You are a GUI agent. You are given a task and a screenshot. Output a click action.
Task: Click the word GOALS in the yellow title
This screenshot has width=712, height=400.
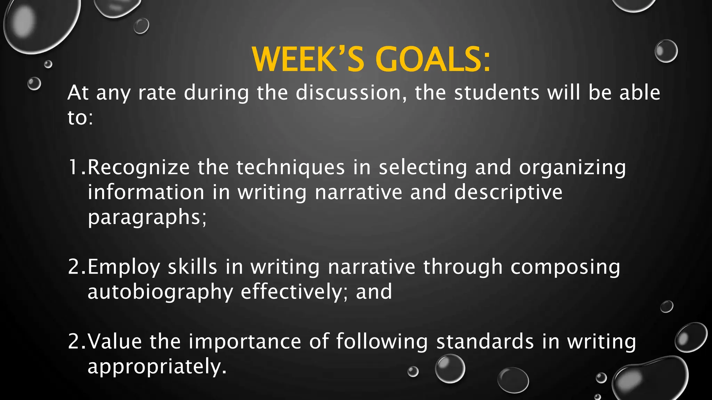coord(433,59)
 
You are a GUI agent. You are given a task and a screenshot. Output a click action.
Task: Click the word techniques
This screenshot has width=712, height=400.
coord(291,167)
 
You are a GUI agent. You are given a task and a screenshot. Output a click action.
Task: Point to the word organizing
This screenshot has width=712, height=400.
coord(572,167)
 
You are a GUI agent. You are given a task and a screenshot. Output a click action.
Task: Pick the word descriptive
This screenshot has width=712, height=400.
coord(508,192)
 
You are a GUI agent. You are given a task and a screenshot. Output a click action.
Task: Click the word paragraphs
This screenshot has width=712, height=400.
coord(147,217)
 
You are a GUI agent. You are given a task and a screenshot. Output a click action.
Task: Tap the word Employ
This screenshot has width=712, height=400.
coord(123,267)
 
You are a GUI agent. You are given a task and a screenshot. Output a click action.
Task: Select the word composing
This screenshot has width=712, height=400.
coord(565,267)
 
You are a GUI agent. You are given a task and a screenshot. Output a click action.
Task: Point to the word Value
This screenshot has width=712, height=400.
coord(115,341)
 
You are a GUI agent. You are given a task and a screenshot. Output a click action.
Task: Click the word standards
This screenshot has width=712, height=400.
coord(485,341)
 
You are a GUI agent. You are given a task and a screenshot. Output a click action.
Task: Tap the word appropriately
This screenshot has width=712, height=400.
coord(157,366)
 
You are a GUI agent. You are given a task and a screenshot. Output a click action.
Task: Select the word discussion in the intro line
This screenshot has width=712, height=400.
coord(351,93)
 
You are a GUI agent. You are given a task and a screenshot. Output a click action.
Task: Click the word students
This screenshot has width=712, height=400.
coord(497,93)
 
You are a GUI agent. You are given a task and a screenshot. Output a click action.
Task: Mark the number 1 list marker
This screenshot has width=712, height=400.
coord(74,167)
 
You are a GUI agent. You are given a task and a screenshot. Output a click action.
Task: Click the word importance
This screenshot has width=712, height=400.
coord(245,341)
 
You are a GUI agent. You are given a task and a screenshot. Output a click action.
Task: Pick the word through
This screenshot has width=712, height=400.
coord(463,267)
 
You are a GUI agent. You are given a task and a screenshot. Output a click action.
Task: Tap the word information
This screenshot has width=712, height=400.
coord(146,192)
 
